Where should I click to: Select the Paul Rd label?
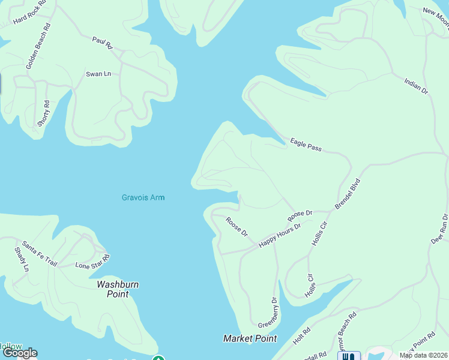pos(103,42)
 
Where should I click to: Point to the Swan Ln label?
pos(98,74)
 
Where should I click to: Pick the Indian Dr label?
pos(416,86)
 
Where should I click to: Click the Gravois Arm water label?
pos(143,197)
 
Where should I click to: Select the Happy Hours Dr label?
pos(279,235)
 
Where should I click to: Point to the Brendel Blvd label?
pos(348,193)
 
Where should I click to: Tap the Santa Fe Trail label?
pos(40,254)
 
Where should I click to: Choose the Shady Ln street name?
pos(21,259)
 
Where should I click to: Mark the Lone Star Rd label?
pos(92,262)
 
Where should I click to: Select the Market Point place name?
pos(250,338)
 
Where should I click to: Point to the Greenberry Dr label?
pos(268,312)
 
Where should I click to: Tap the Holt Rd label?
pos(302,338)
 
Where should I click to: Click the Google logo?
pos(20,353)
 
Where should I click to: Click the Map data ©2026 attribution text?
pos(424,355)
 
